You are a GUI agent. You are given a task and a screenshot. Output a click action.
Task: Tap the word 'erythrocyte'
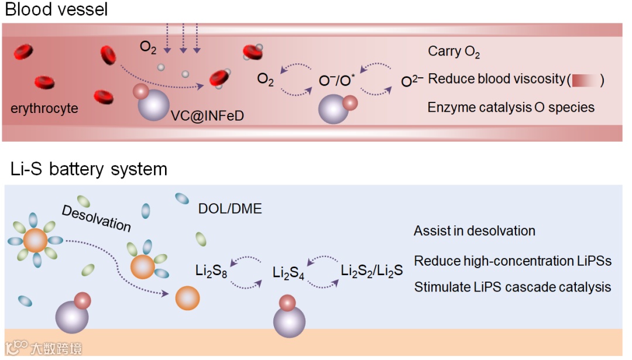click(44, 108)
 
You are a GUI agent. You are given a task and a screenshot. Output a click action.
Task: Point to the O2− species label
click(412, 81)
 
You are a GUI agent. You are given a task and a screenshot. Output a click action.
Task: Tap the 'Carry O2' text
click(454, 52)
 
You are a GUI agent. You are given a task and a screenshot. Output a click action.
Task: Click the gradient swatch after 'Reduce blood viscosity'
click(586, 80)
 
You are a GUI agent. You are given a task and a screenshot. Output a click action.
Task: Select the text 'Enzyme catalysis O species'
click(511, 108)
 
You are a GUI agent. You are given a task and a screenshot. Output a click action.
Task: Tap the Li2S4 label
click(289, 273)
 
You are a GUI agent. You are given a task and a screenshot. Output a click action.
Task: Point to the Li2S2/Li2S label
click(372, 272)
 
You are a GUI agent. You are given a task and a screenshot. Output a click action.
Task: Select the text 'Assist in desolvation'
click(474, 231)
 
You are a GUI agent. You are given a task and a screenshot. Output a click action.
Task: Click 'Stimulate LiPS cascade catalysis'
click(513, 287)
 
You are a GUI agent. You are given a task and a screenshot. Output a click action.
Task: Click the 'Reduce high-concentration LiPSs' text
click(513, 260)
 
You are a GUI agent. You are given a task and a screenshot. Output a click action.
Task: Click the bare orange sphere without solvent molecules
click(187, 298)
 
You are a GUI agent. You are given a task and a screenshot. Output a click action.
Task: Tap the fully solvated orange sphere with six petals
click(36, 240)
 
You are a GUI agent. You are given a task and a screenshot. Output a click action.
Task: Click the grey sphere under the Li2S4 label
click(289, 321)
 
